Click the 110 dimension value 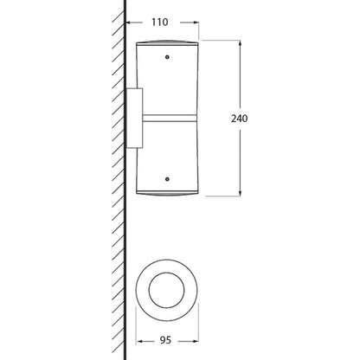click(160, 22)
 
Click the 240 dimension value click(239, 119)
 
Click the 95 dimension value click(165, 340)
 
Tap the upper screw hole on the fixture click(167, 57)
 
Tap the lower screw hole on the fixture click(167, 179)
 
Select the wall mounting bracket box click(134, 119)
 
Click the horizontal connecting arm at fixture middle click(170, 118)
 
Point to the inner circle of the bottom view click(167, 273)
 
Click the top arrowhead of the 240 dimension click(240, 44)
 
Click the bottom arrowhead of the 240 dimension click(240, 193)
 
